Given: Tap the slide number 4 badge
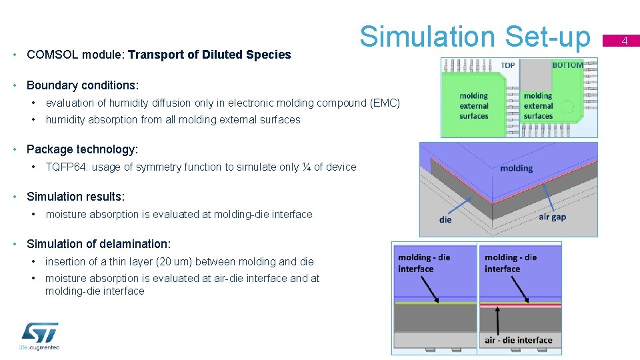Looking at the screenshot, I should pyautogui.click(x=625, y=41).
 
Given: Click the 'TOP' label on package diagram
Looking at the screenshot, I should pyautogui.click(x=507, y=65).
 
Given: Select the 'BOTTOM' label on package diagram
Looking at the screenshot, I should pyautogui.click(x=567, y=65).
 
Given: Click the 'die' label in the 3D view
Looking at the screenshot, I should pyautogui.click(x=445, y=219).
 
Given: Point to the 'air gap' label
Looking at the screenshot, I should pyautogui.click(x=552, y=217).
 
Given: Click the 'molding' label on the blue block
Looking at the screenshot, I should pyautogui.click(x=516, y=168).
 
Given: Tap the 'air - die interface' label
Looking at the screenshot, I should pyautogui.click(x=518, y=340).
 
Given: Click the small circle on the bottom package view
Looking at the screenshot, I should pyautogui.click(x=567, y=106).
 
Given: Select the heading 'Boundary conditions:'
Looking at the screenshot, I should pyautogui.click(x=83, y=85).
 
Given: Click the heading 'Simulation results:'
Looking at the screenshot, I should pyautogui.click(x=75, y=197).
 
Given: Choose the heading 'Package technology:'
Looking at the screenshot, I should pyautogui.click(x=82, y=149).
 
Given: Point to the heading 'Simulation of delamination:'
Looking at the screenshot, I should pyautogui.click(x=99, y=244).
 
